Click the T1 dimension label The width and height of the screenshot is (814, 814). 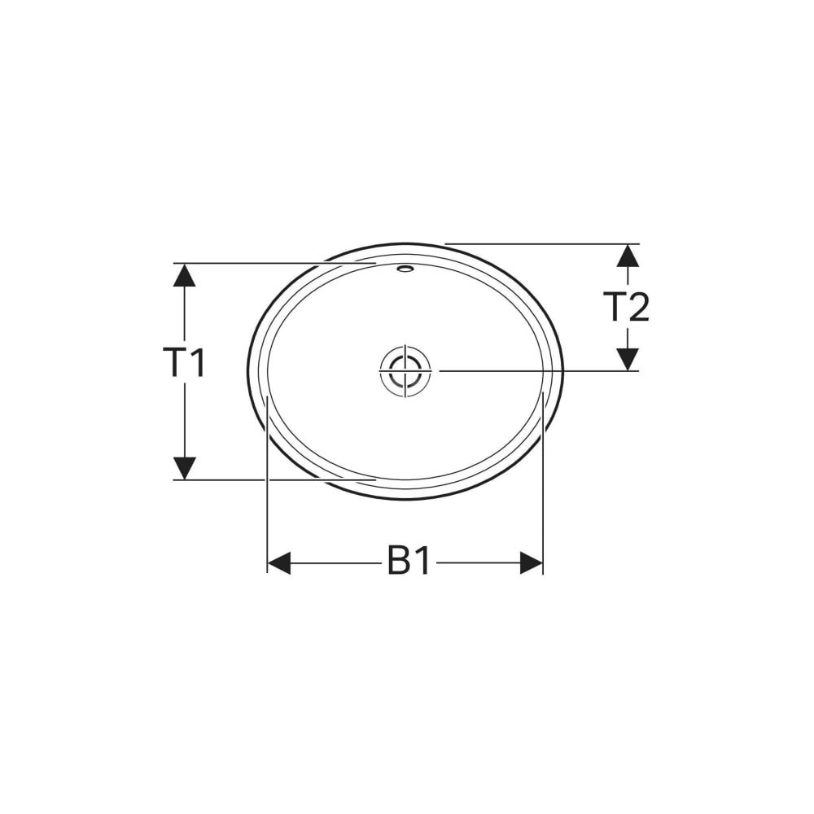pos(184,362)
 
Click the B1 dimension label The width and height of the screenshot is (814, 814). pos(409,561)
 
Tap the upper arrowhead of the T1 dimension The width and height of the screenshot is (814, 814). pos(184,275)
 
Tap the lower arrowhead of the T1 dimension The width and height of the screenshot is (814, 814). pos(184,468)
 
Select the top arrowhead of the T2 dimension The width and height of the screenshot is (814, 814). pos(628,256)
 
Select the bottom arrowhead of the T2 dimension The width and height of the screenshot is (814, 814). pos(628,359)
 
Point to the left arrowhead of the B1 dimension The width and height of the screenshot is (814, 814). pos(278,562)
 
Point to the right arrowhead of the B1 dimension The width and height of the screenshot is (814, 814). pos(531,562)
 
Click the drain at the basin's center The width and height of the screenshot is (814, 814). pos(405,370)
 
